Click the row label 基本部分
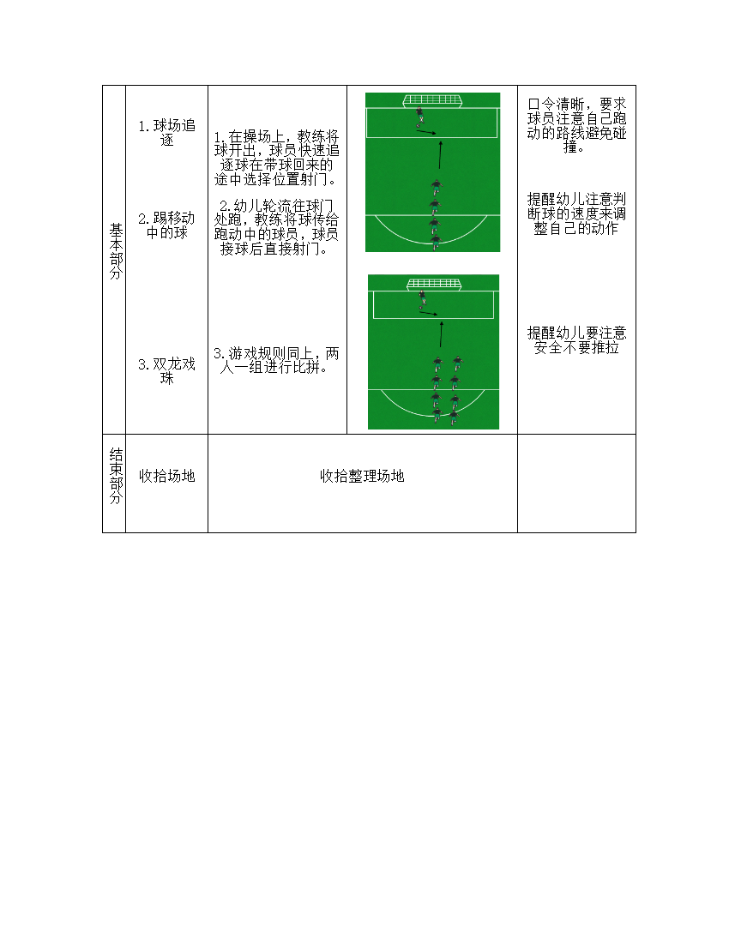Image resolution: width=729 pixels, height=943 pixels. (x=116, y=251)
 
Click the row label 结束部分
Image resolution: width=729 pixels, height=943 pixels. (x=116, y=476)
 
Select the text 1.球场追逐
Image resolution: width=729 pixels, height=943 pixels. (x=166, y=133)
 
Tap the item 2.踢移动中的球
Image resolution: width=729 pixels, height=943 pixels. (x=166, y=225)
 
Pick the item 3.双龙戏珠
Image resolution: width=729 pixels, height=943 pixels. (x=166, y=371)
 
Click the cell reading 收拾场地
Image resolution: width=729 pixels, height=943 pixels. (x=166, y=476)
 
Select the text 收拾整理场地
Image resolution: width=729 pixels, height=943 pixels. (x=362, y=476)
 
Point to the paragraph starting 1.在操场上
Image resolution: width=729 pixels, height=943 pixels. (x=277, y=158)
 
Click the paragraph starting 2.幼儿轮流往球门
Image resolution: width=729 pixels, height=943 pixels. (x=277, y=227)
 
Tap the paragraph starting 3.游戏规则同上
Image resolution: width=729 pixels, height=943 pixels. (x=277, y=360)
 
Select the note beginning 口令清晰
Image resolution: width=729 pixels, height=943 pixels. (x=577, y=125)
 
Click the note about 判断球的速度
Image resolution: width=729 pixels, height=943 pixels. (x=577, y=213)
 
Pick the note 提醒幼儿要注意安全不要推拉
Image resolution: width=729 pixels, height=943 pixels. (x=577, y=339)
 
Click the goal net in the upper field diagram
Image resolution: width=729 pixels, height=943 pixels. (x=432, y=100)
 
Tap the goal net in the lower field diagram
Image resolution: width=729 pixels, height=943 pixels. (x=433, y=284)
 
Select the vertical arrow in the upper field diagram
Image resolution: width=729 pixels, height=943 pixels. (x=440, y=155)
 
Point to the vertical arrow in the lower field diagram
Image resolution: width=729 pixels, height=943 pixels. (x=442, y=334)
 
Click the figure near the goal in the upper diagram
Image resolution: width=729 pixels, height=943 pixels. (x=419, y=117)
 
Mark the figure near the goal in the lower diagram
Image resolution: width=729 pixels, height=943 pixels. (x=422, y=299)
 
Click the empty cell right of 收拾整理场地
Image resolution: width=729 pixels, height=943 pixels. (x=576, y=483)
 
